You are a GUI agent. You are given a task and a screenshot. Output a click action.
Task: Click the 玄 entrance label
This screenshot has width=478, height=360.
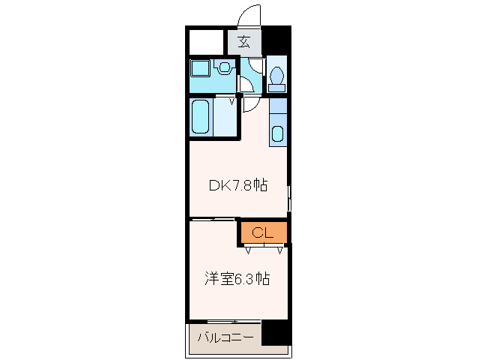pos(244,42)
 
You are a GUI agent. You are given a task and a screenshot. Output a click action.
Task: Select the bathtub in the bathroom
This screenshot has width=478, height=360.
pos(200,117)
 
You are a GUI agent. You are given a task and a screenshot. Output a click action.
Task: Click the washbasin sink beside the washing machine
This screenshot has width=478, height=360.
pos(226,68)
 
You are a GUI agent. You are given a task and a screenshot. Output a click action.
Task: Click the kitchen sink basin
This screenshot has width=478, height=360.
pos(277,134)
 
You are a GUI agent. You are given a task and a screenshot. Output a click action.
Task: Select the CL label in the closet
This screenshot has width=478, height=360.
pos(263,232)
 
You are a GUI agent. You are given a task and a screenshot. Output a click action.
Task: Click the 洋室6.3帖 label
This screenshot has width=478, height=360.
pos(237,279)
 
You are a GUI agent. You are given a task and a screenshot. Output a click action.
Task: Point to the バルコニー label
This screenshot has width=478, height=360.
pos(225,337)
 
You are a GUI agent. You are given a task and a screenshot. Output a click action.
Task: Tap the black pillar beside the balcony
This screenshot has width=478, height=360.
pos(276,332)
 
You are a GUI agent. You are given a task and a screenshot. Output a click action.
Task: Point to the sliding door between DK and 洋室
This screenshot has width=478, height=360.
pos(214,219)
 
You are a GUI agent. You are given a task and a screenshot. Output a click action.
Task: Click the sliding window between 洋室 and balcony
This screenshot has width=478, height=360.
pos(225,322)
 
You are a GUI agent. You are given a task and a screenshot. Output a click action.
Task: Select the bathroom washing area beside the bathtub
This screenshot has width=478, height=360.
pos(225,117)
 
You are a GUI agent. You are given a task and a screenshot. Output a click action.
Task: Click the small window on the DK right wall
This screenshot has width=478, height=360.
pos(289,199)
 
